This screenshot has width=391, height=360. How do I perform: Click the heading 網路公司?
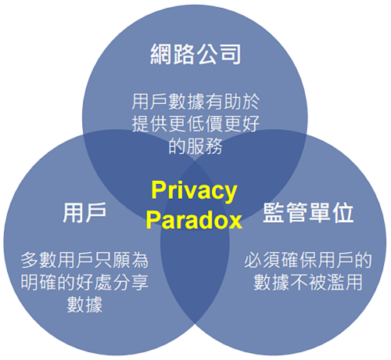[195, 54]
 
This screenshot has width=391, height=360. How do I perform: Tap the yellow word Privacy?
[194, 191]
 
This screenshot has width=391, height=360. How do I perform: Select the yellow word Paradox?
[194, 220]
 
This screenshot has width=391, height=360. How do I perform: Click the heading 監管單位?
[308, 213]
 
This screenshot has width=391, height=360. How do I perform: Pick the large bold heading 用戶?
[84, 213]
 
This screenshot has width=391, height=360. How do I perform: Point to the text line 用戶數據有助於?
[195, 102]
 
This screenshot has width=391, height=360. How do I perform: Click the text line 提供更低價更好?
[195, 124]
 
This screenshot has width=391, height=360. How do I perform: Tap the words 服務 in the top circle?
[204, 146]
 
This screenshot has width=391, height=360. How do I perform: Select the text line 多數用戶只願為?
[84, 260]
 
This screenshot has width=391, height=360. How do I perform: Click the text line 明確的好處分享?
[84, 283]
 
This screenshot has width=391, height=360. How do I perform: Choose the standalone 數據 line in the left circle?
[84, 304]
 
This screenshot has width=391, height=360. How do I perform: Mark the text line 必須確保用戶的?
[308, 260]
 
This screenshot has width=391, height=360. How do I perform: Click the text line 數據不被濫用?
[308, 283]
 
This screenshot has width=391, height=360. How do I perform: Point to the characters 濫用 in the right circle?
[345, 283]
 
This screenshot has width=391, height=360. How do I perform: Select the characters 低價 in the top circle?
[205, 124]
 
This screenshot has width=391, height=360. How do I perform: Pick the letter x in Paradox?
[235, 222]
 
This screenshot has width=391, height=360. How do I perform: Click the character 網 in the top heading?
[161, 54]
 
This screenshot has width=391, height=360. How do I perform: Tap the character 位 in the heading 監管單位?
[343, 213]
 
